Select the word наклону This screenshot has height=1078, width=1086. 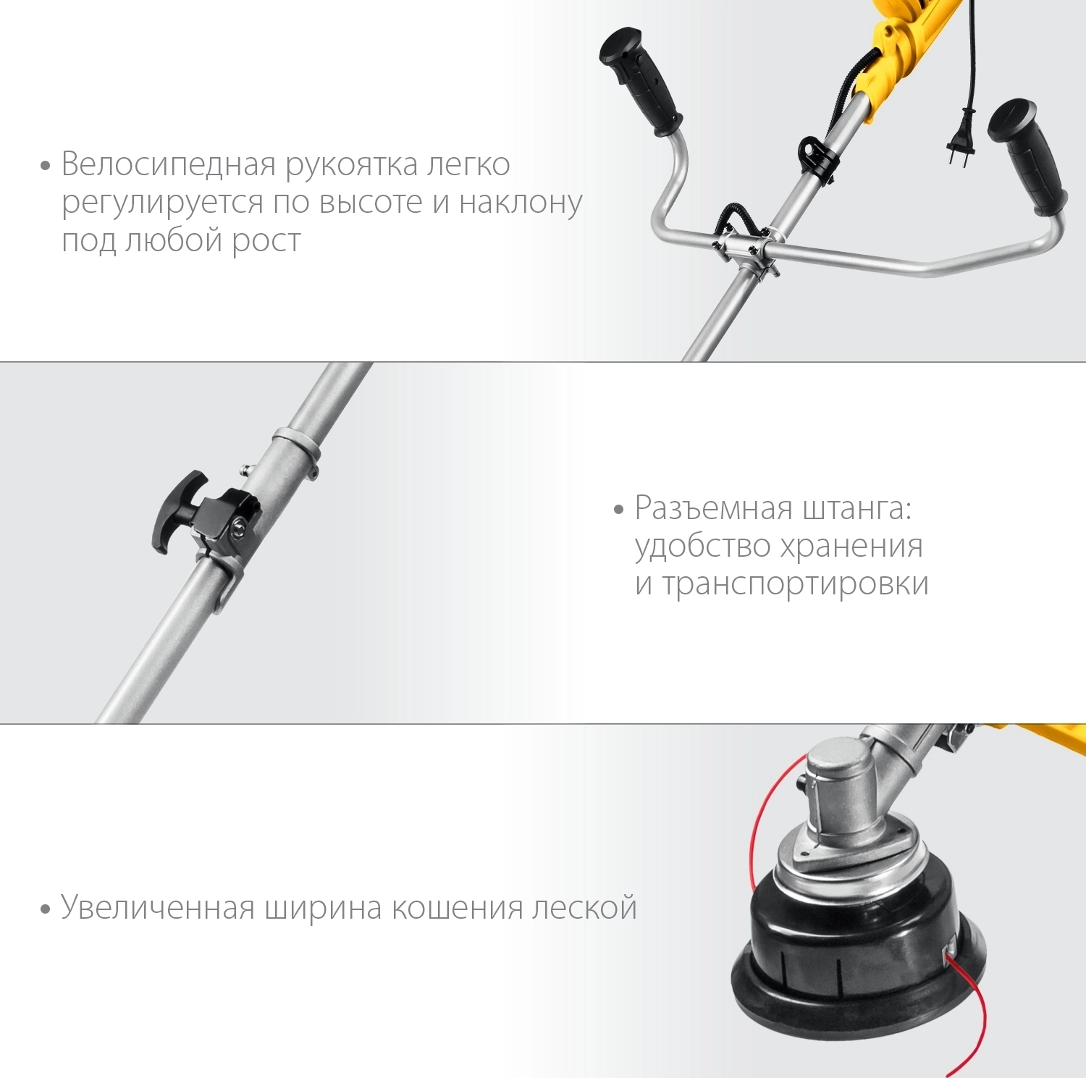[x=521, y=202]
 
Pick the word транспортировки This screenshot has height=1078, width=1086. [x=795, y=584]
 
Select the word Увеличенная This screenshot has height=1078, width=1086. [x=157, y=907]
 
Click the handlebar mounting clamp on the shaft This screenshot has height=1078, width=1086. [x=746, y=250]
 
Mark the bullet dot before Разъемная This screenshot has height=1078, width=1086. [x=618, y=510]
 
